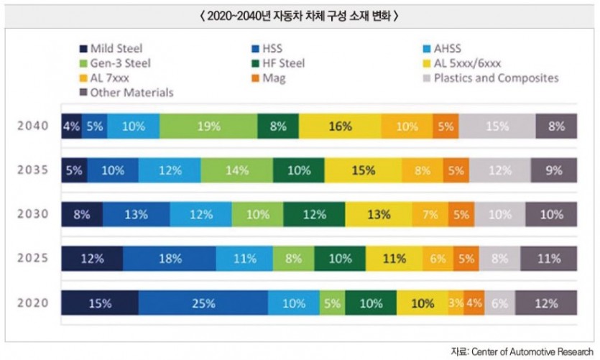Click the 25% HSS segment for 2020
click(x=203, y=303)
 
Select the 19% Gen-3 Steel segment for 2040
click(x=208, y=126)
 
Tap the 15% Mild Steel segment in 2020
click(x=100, y=303)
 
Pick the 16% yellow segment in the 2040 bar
click(x=340, y=126)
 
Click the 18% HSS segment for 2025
click(x=170, y=259)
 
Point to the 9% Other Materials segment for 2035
click(x=554, y=171)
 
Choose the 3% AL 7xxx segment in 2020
click(x=456, y=303)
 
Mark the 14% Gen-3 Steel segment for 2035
click(x=235, y=171)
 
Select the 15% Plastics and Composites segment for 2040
click(x=497, y=126)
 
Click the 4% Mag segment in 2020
click(x=474, y=303)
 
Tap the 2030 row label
click(x=34, y=214)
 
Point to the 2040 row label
click(x=34, y=126)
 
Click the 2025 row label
click(x=34, y=259)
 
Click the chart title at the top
click(x=300, y=15)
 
